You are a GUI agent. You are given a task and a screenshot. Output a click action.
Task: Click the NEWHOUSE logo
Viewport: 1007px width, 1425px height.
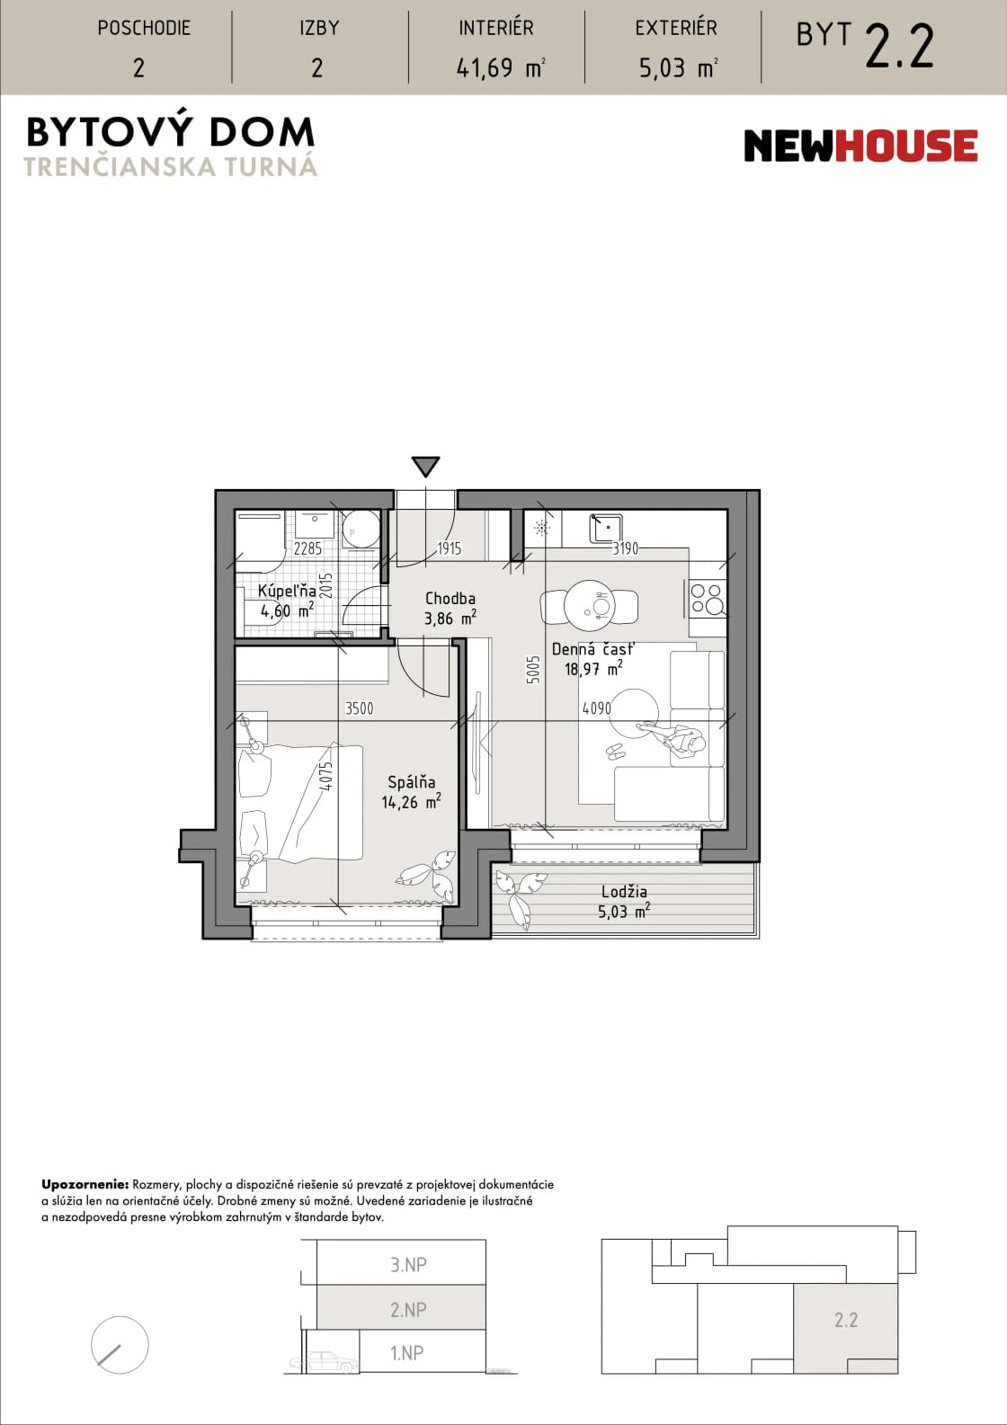pos(860,146)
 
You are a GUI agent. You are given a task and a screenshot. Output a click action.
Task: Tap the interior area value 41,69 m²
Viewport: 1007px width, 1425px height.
pos(500,67)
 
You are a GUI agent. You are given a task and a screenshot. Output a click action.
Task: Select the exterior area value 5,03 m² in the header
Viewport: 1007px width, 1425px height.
pos(678,67)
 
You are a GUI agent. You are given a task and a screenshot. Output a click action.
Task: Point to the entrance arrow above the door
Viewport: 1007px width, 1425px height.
pos(425,467)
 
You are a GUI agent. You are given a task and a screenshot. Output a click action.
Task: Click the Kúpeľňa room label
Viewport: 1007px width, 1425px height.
pos(287,601)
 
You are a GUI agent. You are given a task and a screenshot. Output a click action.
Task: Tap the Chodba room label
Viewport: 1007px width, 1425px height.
pos(450,608)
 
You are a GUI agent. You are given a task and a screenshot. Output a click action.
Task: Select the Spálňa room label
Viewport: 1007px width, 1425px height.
pos(411,792)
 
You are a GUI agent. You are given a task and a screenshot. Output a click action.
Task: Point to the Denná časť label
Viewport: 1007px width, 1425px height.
pos(593,658)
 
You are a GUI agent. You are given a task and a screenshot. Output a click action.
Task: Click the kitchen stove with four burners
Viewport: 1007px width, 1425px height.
pos(708,599)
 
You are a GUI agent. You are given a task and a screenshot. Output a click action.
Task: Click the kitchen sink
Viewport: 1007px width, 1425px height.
pos(605,528)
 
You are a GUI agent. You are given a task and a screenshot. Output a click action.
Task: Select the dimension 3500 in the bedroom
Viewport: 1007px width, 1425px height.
pos(360,708)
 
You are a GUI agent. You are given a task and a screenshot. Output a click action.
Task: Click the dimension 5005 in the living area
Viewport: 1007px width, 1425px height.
pos(533,670)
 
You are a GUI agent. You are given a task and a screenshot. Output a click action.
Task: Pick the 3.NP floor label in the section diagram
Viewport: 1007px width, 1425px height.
pos(408,1264)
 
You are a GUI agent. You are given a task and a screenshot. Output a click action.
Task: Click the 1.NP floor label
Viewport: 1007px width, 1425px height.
pos(407,1352)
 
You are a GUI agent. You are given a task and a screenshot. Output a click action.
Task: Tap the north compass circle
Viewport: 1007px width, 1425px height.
pos(120,1345)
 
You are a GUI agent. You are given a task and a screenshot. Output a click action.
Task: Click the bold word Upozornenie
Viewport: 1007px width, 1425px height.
pos(85,1185)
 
